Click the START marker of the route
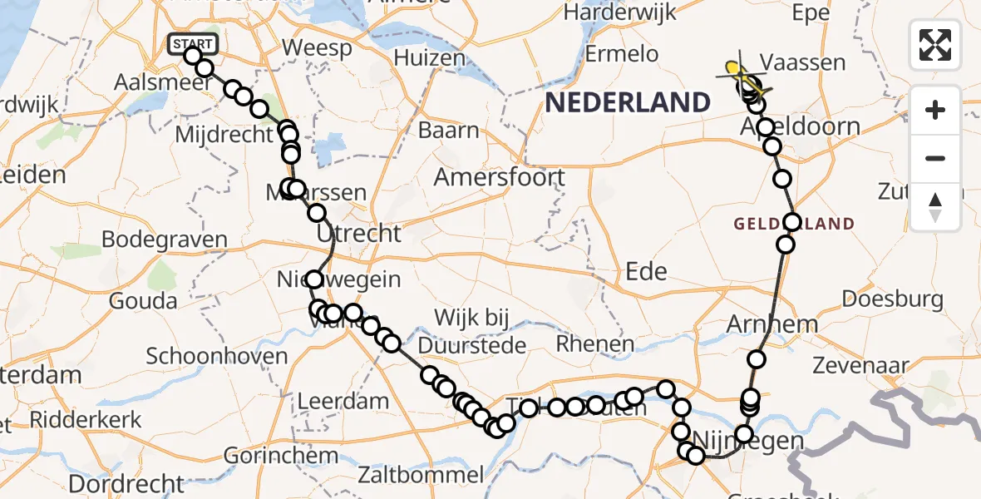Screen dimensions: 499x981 tap(193, 43)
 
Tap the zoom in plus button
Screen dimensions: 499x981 tap(935, 110)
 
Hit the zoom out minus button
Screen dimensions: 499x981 tap(935, 158)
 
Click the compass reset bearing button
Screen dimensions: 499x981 tap(935, 206)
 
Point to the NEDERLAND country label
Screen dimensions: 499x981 tap(628, 102)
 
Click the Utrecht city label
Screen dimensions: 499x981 tap(359, 233)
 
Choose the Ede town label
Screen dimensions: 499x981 tap(646, 271)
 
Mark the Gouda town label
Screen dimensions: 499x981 tap(143, 300)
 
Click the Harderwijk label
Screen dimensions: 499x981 tap(619, 12)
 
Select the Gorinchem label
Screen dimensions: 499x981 tap(281, 456)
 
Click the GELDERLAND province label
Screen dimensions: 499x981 tap(794, 224)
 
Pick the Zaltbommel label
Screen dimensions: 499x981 tap(420, 476)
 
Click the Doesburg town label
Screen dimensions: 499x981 tap(892, 299)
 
